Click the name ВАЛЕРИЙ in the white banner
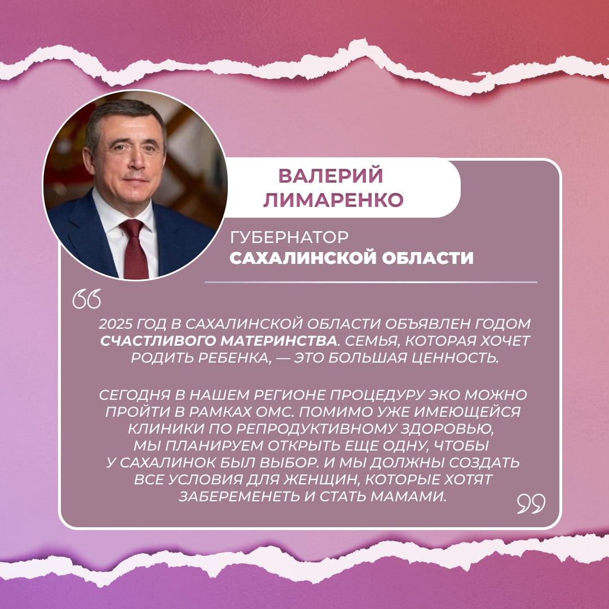[330, 175]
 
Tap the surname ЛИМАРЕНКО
[334, 200]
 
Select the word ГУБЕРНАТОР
[289, 237]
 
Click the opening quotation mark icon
[87, 299]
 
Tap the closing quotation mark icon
[531, 504]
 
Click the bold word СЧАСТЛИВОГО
[158, 341]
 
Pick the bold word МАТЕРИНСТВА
[279, 341]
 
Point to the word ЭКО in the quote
[444, 395]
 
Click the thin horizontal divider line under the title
[371, 283]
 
